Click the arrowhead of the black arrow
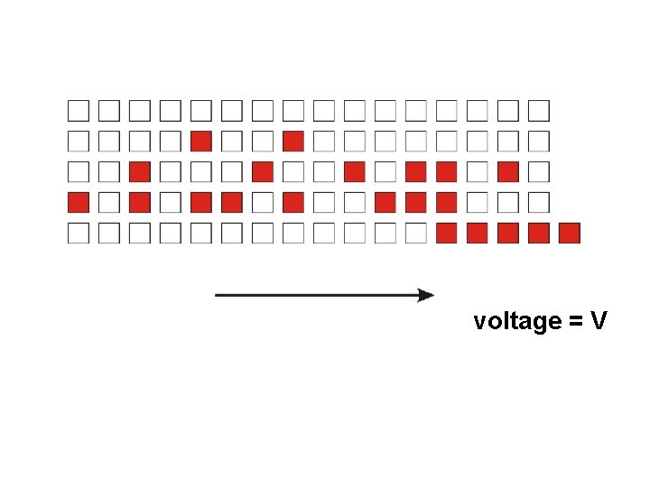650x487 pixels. coord(426,295)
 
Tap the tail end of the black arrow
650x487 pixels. coord(218,295)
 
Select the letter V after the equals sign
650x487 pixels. coord(599,321)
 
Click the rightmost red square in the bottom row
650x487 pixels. coord(569,234)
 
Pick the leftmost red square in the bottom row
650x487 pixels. coord(446,234)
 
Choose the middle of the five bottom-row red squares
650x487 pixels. coord(507,234)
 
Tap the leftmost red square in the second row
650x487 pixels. coord(201,142)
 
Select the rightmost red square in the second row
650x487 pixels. coord(292,142)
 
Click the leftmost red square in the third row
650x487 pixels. coord(140,172)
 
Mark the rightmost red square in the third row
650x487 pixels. coord(507,172)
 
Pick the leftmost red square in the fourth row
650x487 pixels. coord(79,203)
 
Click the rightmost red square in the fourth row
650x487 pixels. coord(446,203)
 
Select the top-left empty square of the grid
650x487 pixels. coord(79,111)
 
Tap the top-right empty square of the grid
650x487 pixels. coord(538,111)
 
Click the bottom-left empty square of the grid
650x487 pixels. coord(79,234)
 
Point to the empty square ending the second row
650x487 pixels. coord(538,142)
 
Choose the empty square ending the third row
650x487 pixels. coord(538,172)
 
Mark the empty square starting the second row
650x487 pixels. coord(79,142)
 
